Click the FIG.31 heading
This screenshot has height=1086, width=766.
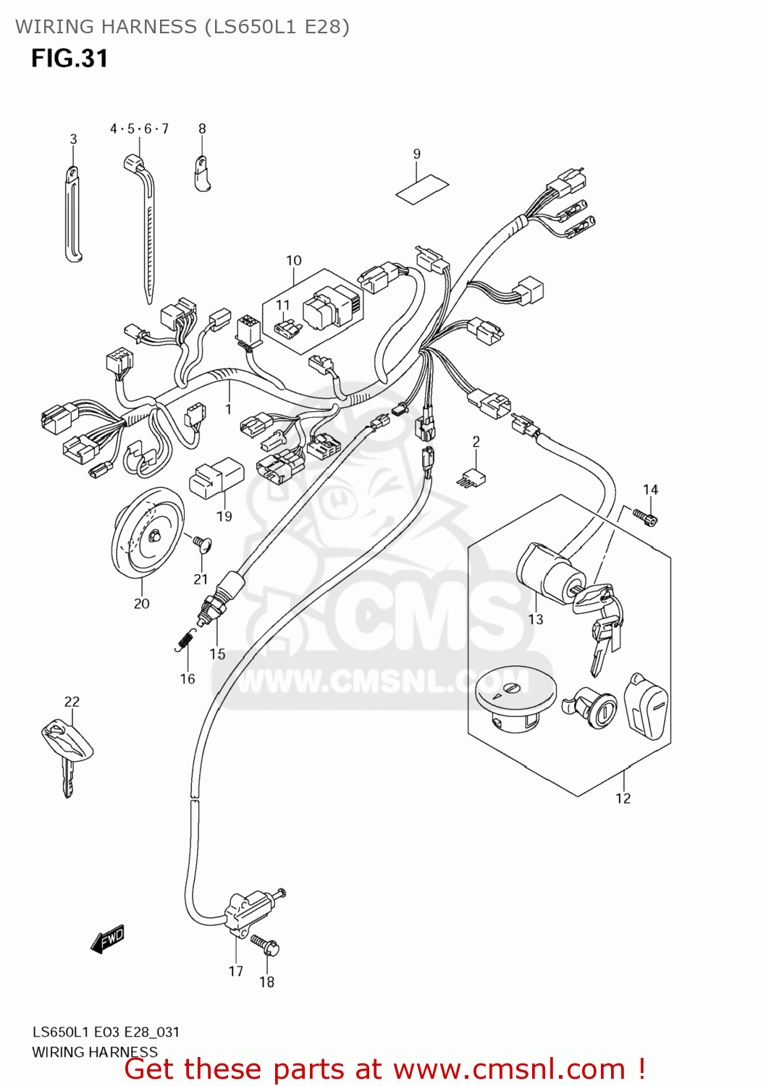(x=70, y=59)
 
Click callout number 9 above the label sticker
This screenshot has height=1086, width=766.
(x=417, y=154)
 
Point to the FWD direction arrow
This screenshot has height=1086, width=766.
(x=108, y=939)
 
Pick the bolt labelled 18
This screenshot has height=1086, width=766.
(x=265, y=945)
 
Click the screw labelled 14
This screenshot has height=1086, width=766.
(x=644, y=516)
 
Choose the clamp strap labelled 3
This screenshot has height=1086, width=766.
(x=73, y=214)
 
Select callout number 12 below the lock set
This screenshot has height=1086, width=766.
(x=623, y=799)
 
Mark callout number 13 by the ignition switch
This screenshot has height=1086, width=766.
(x=536, y=620)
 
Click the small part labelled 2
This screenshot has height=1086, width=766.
(x=471, y=477)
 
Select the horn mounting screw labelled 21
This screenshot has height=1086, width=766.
(x=199, y=543)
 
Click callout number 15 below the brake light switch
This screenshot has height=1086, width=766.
(x=217, y=654)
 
